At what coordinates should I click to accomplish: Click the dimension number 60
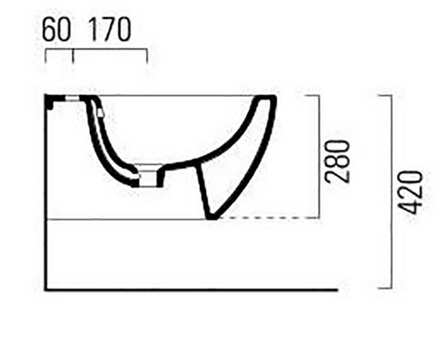[57, 29]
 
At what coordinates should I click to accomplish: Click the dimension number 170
[109, 29]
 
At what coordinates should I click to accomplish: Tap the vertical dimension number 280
[337, 161]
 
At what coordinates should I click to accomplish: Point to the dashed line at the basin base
[268, 218]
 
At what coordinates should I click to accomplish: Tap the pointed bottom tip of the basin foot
[211, 218]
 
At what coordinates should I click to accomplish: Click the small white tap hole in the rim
[72, 98]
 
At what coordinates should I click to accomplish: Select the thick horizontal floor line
[191, 290]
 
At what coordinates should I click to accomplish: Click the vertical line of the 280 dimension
[319, 156]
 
